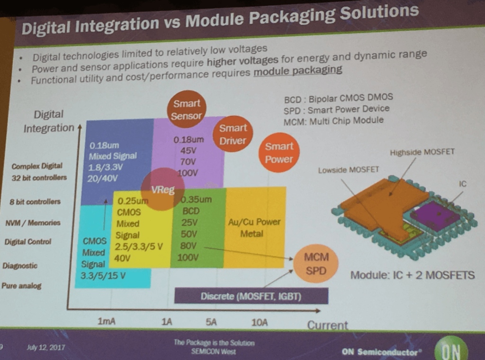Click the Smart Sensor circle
point(187,109)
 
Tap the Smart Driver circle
point(233,134)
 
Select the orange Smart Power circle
point(279,153)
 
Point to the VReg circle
point(163,189)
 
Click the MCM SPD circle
point(316,263)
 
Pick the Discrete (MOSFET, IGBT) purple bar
point(251,296)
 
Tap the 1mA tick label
point(107,321)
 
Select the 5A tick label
point(211,322)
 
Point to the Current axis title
point(327,325)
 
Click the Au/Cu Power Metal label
point(254,228)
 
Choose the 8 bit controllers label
point(35,202)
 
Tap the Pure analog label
point(21,286)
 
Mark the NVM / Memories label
point(33,223)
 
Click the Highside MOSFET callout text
point(422,152)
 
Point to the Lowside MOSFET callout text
point(349,170)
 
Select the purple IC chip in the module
point(435,214)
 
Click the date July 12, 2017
point(46,347)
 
